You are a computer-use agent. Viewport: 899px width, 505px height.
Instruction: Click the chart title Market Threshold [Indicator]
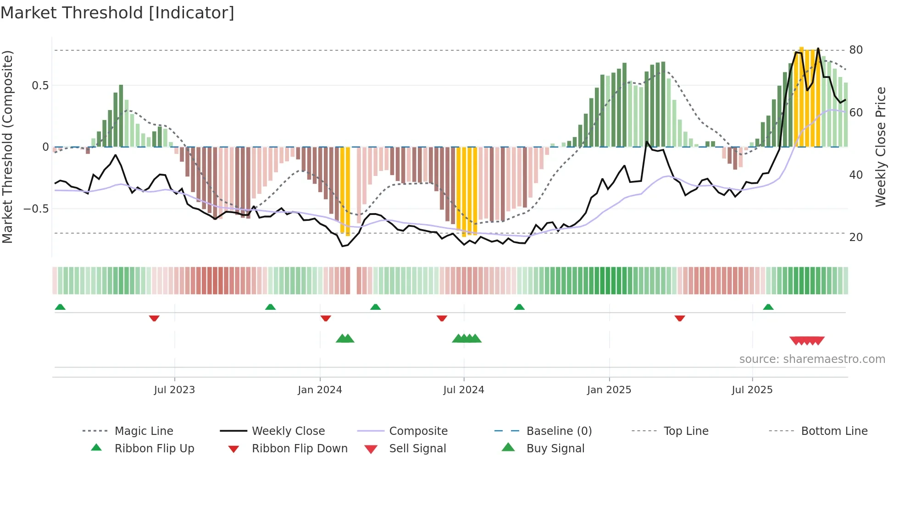click(x=117, y=13)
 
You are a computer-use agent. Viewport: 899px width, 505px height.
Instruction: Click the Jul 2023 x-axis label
click(x=174, y=390)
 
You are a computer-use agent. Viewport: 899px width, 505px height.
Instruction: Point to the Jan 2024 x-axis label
click(x=320, y=390)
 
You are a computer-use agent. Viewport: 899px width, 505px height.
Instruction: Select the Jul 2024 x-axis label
click(x=464, y=390)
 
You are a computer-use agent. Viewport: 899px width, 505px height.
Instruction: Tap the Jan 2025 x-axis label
click(x=609, y=390)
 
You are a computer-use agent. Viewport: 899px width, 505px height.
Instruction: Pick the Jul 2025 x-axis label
click(x=752, y=390)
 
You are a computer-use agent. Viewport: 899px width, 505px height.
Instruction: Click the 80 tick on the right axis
click(x=856, y=50)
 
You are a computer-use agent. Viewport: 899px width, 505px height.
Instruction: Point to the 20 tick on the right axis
click(x=856, y=237)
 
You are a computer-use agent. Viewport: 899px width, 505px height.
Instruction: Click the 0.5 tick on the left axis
click(x=40, y=86)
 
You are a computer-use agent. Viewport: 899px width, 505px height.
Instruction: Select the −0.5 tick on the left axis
click(x=36, y=209)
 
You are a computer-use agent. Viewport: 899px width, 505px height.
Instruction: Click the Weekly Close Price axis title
click(x=881, y=147)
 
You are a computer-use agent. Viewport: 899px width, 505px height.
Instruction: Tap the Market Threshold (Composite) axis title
click(x=7, y=147)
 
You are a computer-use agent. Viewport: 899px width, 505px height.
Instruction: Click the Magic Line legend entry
click(x=144, y=431)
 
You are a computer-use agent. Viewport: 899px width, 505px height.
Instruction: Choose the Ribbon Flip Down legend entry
click(x=300, y=449)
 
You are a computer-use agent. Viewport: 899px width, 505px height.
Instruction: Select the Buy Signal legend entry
click(x=555, y=449)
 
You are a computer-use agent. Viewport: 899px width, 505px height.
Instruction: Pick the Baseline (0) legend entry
click(x=559, y=431)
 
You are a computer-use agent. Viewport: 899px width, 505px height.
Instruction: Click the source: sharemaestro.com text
click(x=812, y=359)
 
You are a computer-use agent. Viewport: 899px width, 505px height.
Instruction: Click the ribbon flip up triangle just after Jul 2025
click(x=768, y=307)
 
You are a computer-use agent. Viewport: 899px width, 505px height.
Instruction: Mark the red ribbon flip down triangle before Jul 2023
click(x=154, y=318)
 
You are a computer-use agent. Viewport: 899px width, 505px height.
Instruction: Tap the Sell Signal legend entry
click(x=417, y=449)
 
